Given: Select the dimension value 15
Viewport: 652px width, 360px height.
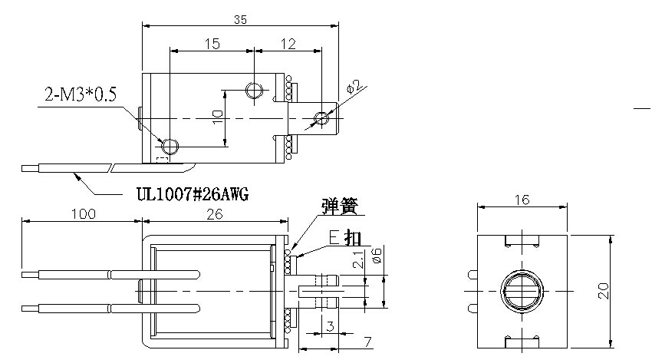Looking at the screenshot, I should [212, 44].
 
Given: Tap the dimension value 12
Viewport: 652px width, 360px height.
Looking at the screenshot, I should [288, 44].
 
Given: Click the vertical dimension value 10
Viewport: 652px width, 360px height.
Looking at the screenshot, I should [217, 117].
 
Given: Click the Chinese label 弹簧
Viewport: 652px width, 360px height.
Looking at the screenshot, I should [340, 206].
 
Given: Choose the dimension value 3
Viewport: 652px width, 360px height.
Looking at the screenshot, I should [330, 327].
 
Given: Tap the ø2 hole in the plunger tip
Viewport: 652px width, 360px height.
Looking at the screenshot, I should [321, 118].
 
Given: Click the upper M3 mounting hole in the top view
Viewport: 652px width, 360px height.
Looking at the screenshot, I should [255, 91].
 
